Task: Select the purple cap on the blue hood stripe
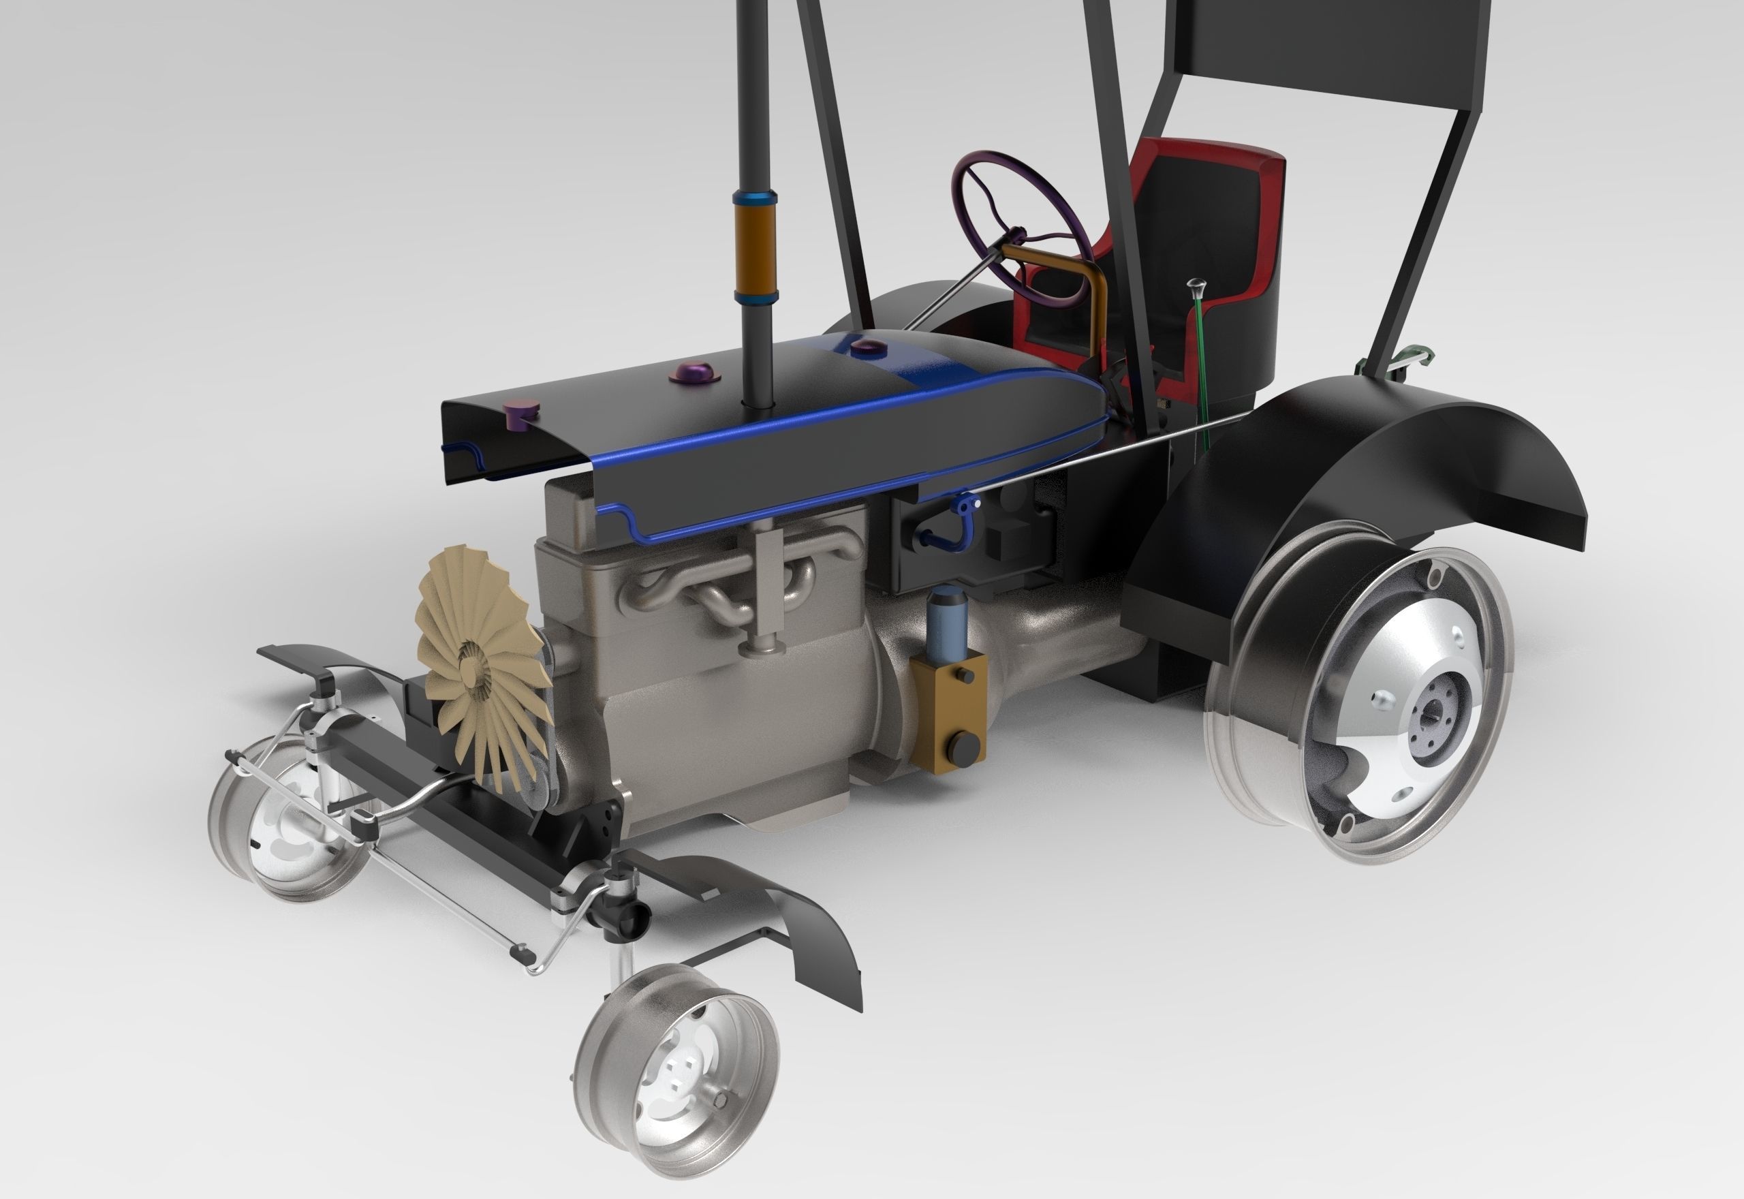[x=865, y=347]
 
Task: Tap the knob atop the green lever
[x=1195, y=285]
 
